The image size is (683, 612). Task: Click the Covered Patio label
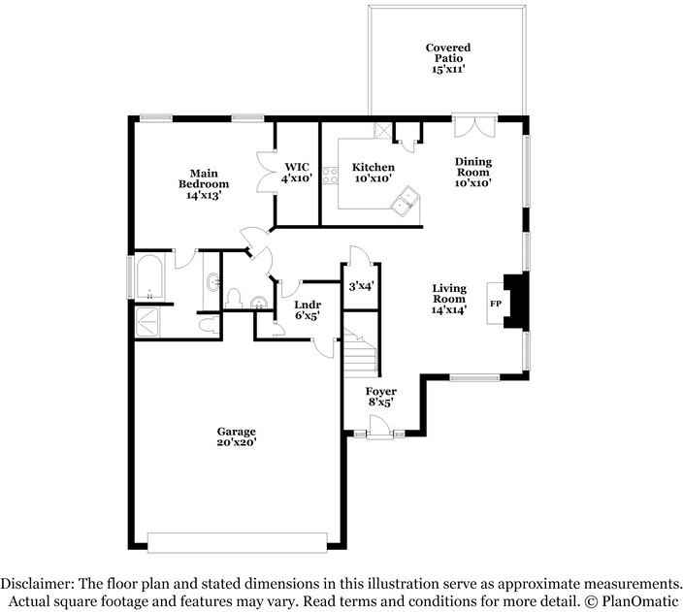[448, 58]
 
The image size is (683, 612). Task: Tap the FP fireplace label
[496, 304]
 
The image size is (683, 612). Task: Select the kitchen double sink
[406, 201]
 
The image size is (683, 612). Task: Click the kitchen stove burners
[331, 176]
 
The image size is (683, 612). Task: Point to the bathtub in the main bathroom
[149, 277]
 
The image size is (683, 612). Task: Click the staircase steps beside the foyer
[361, 353]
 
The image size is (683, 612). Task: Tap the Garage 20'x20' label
[236, 436]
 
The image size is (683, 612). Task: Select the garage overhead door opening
[238, 543]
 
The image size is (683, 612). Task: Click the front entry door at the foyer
[380, 427]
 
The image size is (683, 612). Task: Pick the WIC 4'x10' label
[297, 173]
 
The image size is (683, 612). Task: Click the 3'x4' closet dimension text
[362, 287]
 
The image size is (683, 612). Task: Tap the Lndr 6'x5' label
[308, 309]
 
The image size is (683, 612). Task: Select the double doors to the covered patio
[474, 126]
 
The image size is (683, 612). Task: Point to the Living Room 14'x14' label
[449, 299]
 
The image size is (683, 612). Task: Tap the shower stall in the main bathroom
[147, 322]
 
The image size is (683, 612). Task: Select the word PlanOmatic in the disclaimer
[639, 602]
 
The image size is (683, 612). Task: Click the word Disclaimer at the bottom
[37, 584]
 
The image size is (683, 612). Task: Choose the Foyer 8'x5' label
[381, 397]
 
